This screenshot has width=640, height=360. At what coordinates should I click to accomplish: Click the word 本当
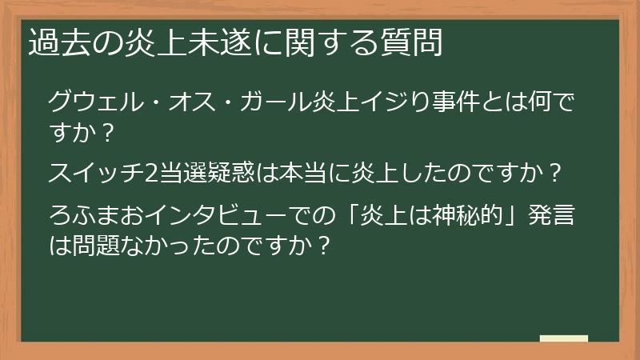pyautogui.click(x=298, y=172)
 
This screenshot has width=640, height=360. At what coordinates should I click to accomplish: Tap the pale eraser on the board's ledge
pyautogui.click(x=564, y=338)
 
